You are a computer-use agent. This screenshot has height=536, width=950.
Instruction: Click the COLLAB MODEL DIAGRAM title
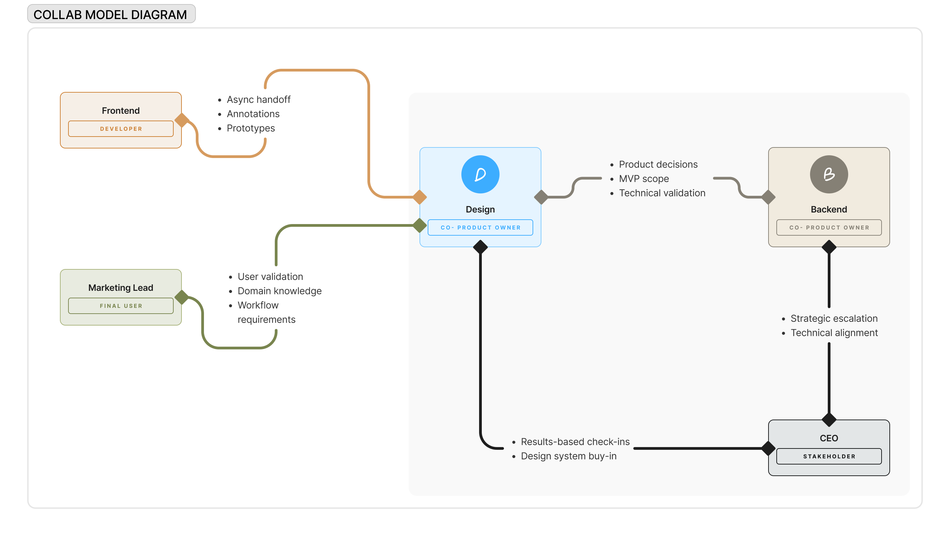tap(110, 15)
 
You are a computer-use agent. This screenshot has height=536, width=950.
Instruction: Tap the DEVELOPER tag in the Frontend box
tap(121, 129)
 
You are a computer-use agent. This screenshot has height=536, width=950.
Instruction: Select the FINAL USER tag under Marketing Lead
tap(121, 306)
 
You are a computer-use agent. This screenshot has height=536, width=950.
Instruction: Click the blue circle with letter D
tap(480, 174)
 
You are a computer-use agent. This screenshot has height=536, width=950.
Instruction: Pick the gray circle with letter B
tap(829, 174)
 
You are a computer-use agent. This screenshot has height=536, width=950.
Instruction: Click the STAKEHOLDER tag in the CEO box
tap(829, 456)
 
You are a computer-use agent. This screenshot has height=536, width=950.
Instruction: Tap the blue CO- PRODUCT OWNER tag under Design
tap(480, 227)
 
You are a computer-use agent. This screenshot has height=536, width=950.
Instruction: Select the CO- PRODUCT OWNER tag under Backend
tap(829, 227)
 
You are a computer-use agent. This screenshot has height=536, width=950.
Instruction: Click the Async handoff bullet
tap(258, 99)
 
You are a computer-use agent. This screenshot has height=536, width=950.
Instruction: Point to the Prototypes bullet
tap(251, 128)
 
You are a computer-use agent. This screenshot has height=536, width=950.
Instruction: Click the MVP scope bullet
tap(644, 179)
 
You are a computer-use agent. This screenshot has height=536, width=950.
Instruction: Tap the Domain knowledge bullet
tap(279, 291)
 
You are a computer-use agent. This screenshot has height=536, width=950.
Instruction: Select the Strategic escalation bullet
tap(834, 319)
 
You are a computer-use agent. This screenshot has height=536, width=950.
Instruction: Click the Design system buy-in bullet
tap(568, 456)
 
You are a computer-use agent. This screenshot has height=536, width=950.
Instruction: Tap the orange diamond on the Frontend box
tap(182, 120)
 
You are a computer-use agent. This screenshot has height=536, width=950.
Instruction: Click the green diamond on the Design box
tap(420, 225)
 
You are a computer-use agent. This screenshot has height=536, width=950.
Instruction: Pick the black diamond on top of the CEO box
tap(829, 420)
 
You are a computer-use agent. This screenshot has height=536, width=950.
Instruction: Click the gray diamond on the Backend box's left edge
tap(768, 197)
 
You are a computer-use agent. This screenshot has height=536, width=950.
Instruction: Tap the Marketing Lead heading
tap(121, 288)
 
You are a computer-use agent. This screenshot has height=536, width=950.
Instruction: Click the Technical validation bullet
tap(662, 193)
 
